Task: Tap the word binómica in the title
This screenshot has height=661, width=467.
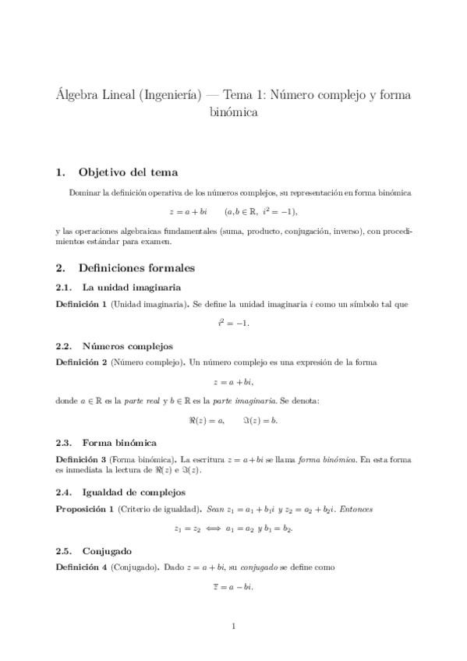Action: (x=233, y=112)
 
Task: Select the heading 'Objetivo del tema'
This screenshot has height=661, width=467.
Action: (x=129, y=171)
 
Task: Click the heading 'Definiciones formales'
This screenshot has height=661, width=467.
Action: (x=137, y=268)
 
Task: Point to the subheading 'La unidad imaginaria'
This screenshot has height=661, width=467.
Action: (x=132, y=288)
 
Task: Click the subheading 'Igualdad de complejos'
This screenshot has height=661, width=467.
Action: (x=133, y=492)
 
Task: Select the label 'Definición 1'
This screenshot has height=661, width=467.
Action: (x=82, y=304)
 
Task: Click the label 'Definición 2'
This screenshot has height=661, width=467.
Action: (x=82, y=362)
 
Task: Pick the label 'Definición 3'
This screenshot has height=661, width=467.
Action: (x=82, y=459)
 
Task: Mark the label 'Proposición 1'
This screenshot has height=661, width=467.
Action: (x=84, y=508)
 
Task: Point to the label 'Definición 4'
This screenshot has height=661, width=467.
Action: (x=82, y=567)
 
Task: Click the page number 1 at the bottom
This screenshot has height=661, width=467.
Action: (x=234, y=625)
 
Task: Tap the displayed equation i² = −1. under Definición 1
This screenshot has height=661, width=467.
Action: (x=233, y=323)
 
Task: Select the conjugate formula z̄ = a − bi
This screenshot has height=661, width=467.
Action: (x=233, y=586)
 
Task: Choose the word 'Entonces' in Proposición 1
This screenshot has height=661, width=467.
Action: (x=354, y=509)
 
